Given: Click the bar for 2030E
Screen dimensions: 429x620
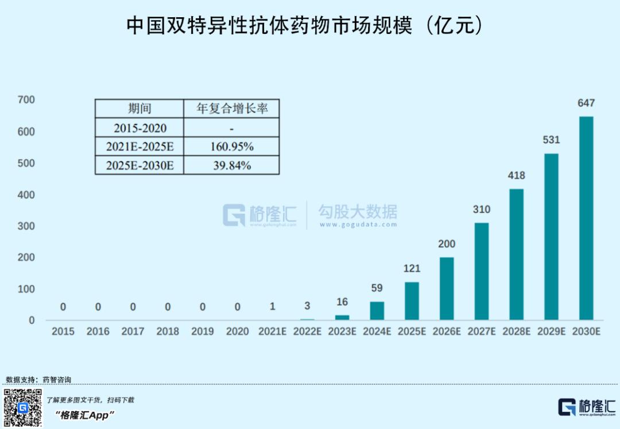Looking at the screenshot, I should point(586,218).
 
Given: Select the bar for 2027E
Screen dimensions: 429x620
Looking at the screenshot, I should point(482,271).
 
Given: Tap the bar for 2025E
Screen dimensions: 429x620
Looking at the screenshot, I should point(412,301).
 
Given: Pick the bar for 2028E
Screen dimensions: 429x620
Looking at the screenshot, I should point(517,254).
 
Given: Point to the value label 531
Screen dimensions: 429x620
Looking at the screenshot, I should point(551,140).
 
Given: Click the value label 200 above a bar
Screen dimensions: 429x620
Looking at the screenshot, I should point(447,244).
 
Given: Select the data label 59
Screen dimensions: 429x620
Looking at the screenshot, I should point(377,288).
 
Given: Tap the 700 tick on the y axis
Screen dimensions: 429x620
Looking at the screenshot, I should point(27,100).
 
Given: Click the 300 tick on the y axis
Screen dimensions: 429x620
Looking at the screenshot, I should point(27,226).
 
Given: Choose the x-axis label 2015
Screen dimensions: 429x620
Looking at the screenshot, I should point(63,331).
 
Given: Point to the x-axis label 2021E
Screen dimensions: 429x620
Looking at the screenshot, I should point(272,331).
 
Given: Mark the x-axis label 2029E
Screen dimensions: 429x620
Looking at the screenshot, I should point(551,331).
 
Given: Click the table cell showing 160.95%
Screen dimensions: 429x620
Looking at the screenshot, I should point(231,146).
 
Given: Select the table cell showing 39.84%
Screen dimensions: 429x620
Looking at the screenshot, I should point(231,165).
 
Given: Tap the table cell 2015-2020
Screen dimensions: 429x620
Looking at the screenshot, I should point(140,127).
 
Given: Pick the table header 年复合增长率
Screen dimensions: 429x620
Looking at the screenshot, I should point(231,109).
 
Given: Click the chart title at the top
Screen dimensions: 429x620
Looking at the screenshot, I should point(304,26).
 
